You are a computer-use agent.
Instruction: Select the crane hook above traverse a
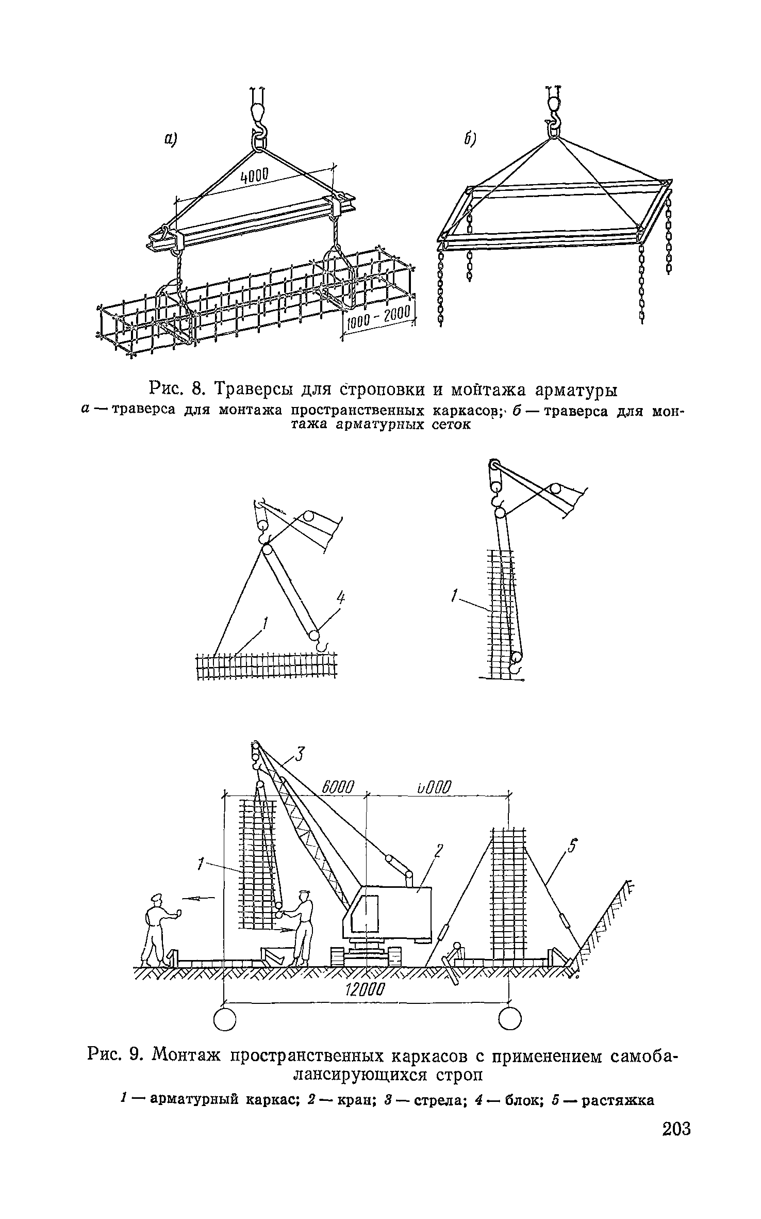tap(258, 124)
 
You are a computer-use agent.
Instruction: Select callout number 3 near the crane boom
tap(300, 757)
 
